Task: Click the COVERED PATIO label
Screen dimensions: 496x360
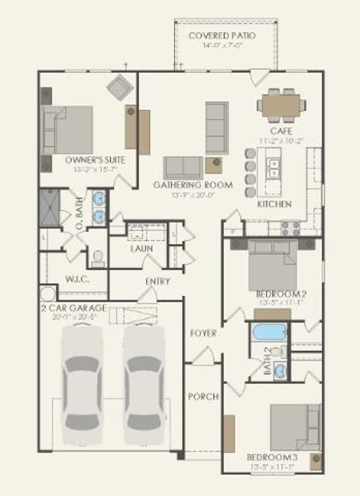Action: click(222, 35)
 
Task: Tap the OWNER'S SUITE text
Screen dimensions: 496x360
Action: click(95, 160)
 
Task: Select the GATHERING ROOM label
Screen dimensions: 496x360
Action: click(193, 185)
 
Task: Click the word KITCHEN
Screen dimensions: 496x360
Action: click(275, 204)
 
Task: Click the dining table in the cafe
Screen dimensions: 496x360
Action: click(281, 105)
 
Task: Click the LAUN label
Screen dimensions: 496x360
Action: click(141, 249)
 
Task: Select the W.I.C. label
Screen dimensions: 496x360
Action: click(76, 279)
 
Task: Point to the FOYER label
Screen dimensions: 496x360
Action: click(203, 334)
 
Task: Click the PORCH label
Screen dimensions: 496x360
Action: click(203, 397)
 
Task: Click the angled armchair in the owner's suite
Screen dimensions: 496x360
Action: click(120, 87)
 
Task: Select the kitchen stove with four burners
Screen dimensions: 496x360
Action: click(290, 227)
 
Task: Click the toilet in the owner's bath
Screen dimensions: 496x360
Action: click(98, 258)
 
